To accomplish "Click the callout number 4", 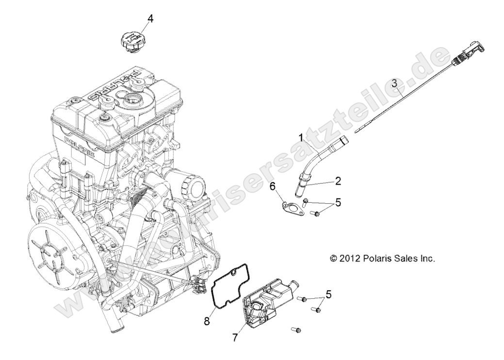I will (150, 19).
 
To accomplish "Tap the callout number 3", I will (395, 83).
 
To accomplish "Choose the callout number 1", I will (301, 138).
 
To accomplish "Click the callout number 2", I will (338, 181).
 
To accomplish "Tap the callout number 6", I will (273, 186).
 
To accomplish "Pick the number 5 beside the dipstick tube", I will (352, 202).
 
